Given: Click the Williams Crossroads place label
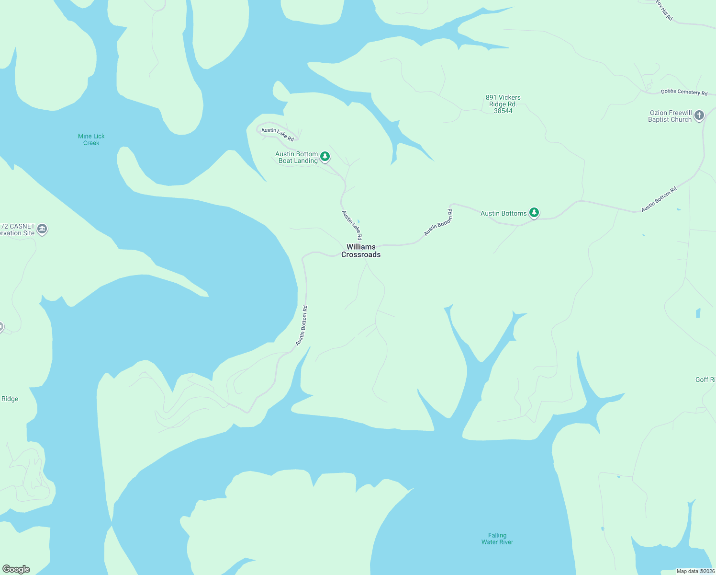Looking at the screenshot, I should tap(361, 251).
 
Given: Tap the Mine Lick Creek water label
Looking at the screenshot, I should tap(91, 139).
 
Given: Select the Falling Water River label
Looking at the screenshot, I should tap(497, 539).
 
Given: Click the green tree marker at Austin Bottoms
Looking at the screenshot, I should tap(534, 212).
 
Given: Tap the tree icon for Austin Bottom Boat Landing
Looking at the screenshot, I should tap(325, 156).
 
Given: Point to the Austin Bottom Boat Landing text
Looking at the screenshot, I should tap(297, 157).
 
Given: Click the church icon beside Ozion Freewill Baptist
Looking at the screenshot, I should tap(699, 115).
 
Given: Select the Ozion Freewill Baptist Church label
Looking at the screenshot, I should tap(670, 116).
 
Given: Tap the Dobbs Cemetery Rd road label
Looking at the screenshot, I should tap(684, 92).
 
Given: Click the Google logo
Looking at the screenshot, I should tap(16, 569).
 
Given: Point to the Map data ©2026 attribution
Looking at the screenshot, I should tap(695, 571).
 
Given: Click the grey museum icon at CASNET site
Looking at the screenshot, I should tap(42, 229).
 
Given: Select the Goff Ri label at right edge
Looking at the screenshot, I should tap(705, 379).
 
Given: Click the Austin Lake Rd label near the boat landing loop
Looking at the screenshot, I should tap(278, 134).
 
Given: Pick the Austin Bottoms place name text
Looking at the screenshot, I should tap(503, 213).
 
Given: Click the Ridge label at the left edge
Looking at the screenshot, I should tap(10, 399).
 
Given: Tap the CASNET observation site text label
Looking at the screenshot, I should tap(18, 230).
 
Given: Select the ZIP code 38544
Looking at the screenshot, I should tap(503, 111).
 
